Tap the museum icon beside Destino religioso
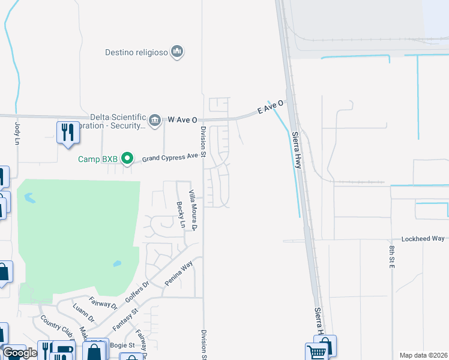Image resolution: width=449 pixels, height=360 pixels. (176, 52)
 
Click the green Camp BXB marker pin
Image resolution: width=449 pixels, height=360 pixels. (127, 158)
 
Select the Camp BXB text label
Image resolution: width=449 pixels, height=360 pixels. (98, 159)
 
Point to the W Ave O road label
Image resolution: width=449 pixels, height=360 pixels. (182, 120)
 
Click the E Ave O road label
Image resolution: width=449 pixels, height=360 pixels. (270, 109)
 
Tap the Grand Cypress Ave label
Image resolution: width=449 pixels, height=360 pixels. (170, 157)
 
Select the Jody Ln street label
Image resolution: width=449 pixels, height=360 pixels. (17, 133)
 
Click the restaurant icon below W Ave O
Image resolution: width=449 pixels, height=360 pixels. (68, 132)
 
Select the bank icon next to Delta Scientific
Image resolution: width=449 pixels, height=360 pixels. (155, 120)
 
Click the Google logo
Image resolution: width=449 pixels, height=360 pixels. (20, 353)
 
